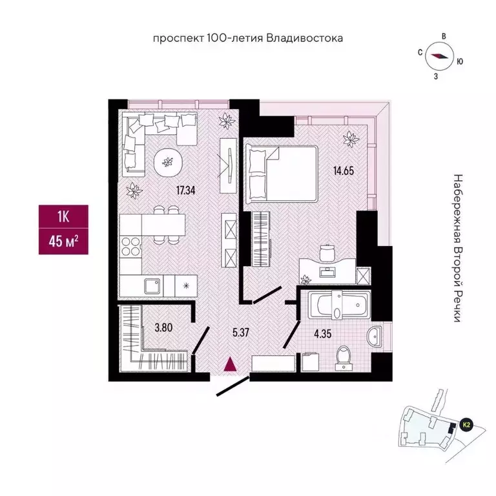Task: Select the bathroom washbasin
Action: [375, 336]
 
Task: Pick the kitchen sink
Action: [153, 285]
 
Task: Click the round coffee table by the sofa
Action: [168, 161]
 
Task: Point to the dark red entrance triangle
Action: [229, 365]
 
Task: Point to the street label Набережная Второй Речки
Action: [459, 249]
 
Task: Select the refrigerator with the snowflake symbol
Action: [185, 285]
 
